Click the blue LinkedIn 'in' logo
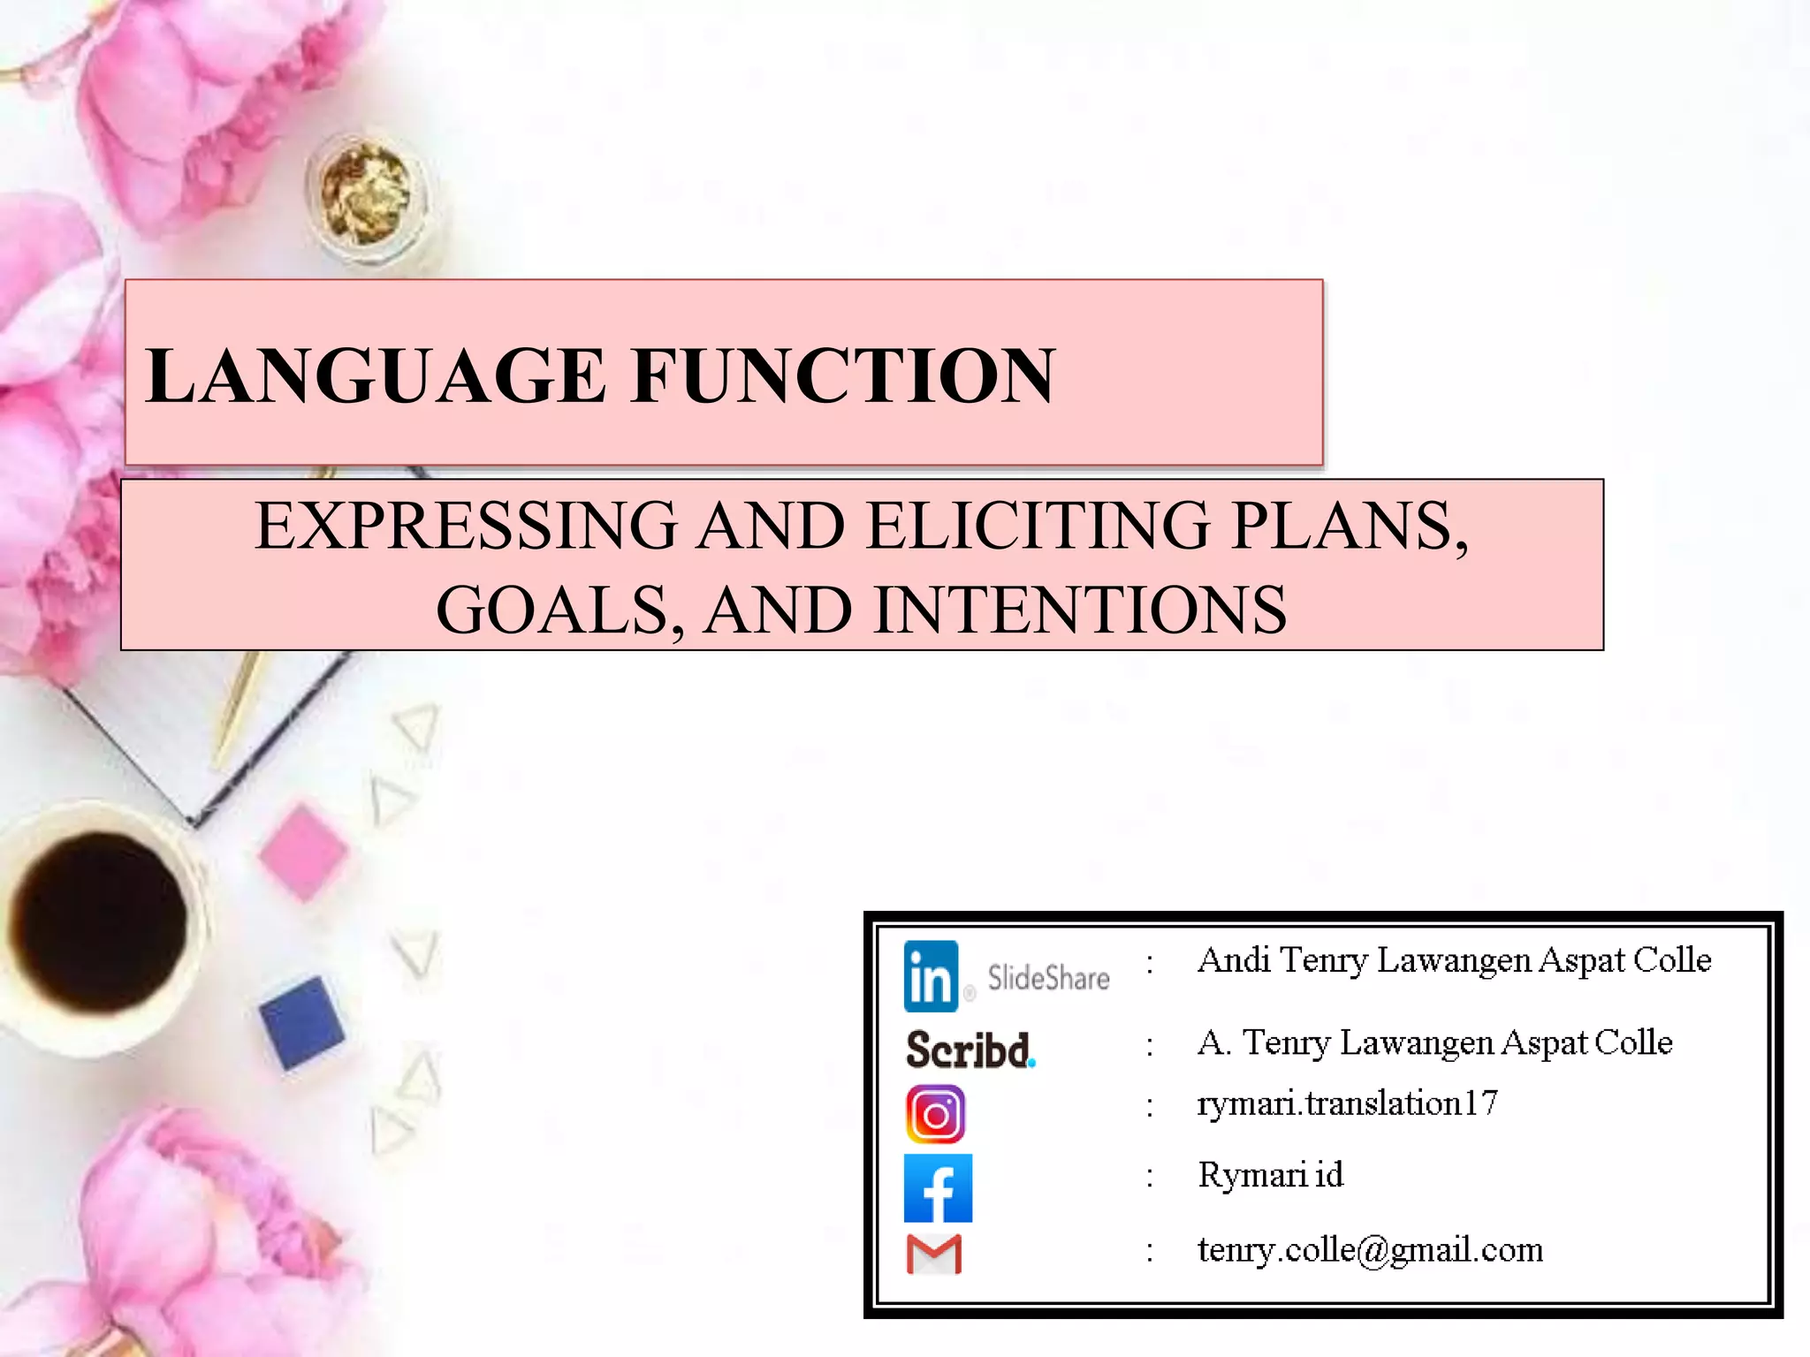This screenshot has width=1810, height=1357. (931, 976)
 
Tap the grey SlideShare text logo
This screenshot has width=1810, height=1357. (1048, 978)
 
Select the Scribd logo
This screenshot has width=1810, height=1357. (970, 1050)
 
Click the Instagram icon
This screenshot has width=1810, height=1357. (935, 1114)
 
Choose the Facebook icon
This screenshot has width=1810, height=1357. (938, 1188)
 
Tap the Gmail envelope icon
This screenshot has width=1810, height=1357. (934, 1255)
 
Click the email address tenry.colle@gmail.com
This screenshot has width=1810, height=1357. (1370, 1250)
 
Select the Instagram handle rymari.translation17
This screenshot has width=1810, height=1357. (1347, 1103)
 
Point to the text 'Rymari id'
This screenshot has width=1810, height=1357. (1270, 1175)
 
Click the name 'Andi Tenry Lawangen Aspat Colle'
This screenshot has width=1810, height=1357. (1454, 960)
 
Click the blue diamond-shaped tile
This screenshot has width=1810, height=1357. (302, 1023)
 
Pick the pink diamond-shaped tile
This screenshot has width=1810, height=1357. (303, 852)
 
